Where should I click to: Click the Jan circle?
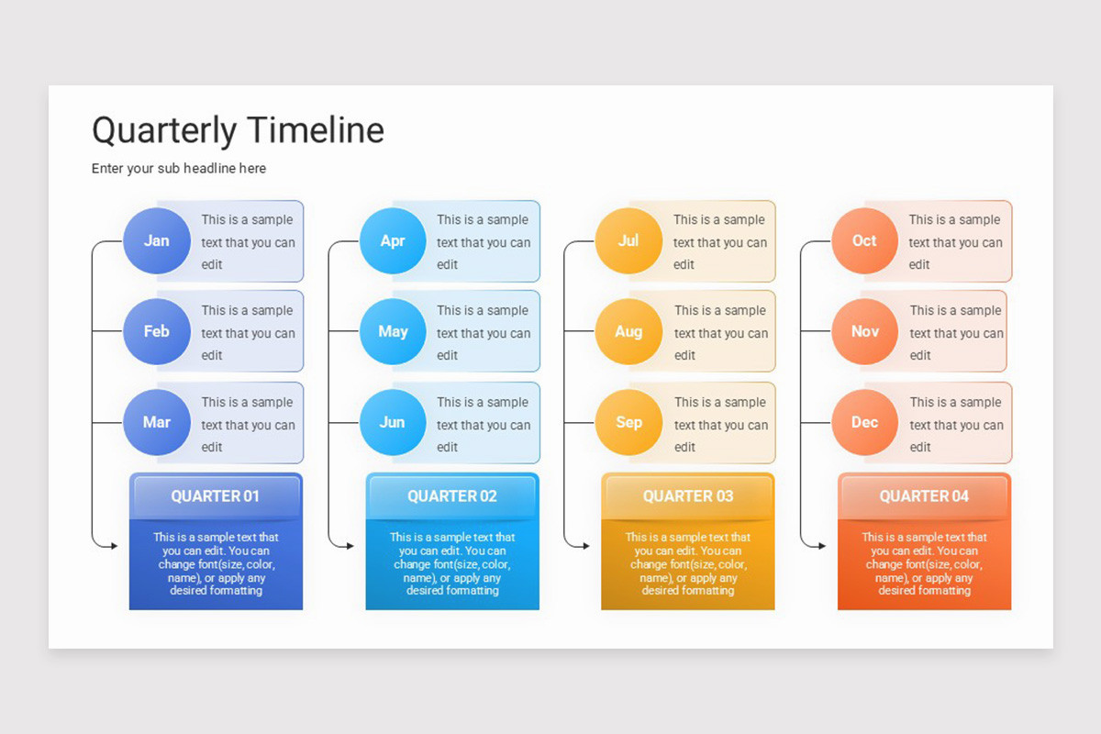(x=156, y=240)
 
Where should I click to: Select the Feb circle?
(x=156, y=331)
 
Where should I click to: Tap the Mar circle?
(x=156, y=422)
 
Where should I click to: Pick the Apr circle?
(x=393, y=240)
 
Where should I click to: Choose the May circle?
(x=393, y=331)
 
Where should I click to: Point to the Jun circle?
(x=393, y=422)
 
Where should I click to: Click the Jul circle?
(x=628, y=240)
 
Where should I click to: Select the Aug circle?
(x=628, y=331)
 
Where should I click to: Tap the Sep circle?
(x=628, y=422)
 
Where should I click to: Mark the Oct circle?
(x=864, y=240)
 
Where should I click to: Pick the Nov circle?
(x=864, y=331)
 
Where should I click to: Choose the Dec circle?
(x=864, y=422)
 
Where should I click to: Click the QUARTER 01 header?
(x=216, y=496)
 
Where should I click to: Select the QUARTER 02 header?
(x=452, y=496)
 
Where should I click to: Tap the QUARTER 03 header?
(x=688, y=496)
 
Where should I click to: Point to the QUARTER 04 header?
(x=924, y=496)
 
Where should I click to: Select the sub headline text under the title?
(x=179, y=169)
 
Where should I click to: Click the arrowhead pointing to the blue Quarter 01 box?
(x=114, y=546)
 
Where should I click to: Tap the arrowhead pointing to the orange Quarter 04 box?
(x=822, y=546)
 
